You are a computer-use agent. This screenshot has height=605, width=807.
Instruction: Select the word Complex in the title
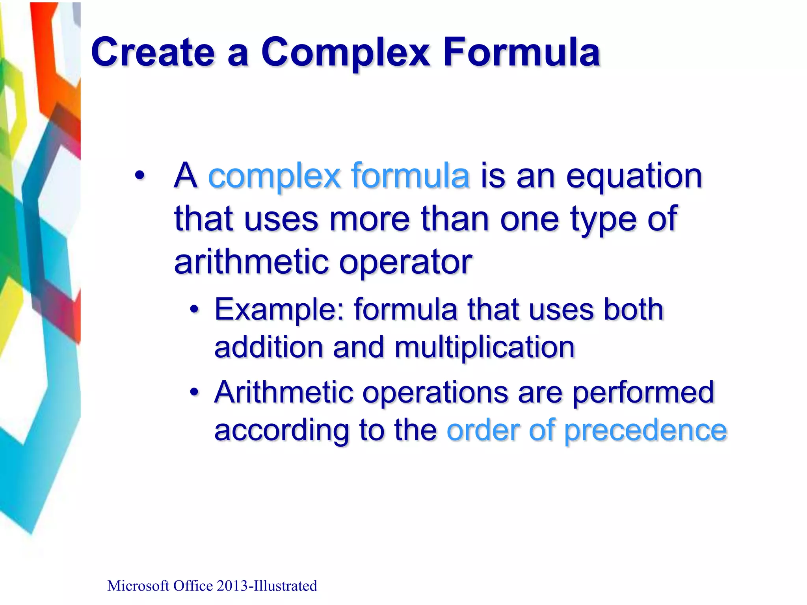pyautogui.click(x=345, y=52)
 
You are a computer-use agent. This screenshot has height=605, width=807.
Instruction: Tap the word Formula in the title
pyautogui.click(x=521, y=52)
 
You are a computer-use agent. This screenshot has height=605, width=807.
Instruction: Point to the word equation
pyautogui.click(x=634, y=176)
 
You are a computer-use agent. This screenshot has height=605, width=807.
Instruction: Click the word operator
pyautogui.click(x=405, y=262)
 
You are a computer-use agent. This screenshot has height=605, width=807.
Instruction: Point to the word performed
pyautogui.click(x=643, y=392)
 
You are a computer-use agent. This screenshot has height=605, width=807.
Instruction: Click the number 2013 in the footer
pyautogui.click(x=232, y=586)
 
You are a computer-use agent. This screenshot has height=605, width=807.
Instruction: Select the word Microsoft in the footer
pyautogui.click(x=138, y=586)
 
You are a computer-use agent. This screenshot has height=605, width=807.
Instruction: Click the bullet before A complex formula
pyautogui.click(x=139, y=176)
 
